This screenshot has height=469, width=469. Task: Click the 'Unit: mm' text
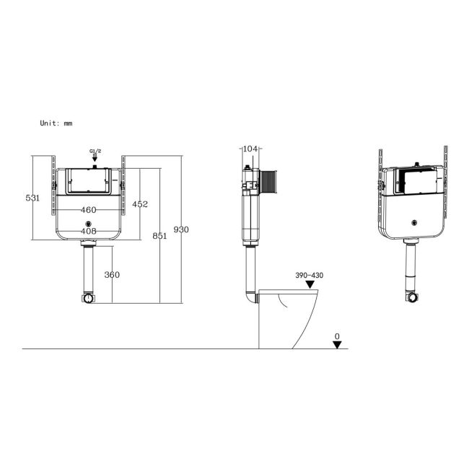click(56, 123)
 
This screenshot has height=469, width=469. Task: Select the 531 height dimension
click(32, 198)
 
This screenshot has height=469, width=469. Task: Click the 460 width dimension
click(88, 209)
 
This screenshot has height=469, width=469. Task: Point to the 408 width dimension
click(88, 232)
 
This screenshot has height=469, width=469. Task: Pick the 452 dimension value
click(139, 204)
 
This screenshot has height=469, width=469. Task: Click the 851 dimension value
click(159, 235)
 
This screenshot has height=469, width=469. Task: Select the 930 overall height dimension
click(181, 229)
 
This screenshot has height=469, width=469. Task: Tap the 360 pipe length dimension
click(112, 274)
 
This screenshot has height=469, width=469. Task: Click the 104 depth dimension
click(250, 149)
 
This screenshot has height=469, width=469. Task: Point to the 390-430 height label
click(308, 276)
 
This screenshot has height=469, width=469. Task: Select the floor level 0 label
click(336, 336)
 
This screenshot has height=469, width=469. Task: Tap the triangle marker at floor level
click(337, 344)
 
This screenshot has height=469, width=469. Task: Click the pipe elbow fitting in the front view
click(88, 297)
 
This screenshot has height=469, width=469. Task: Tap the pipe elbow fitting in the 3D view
click(412, 297)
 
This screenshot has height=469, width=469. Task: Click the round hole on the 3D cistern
click(414, 223)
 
